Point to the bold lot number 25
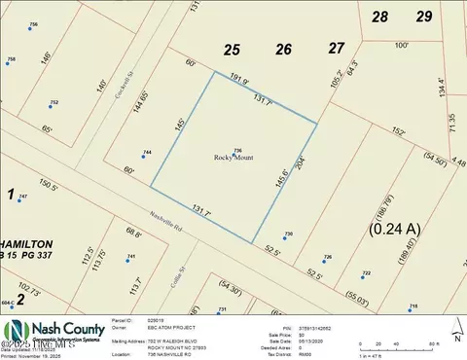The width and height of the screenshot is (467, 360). point(232,50)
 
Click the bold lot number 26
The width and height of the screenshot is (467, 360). point(283,50)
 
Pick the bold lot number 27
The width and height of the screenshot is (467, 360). point(337,48)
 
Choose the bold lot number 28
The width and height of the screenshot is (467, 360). point(380,17)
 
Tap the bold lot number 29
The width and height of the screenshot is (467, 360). point(423,17)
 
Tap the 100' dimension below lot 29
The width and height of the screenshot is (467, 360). point(402,45)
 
